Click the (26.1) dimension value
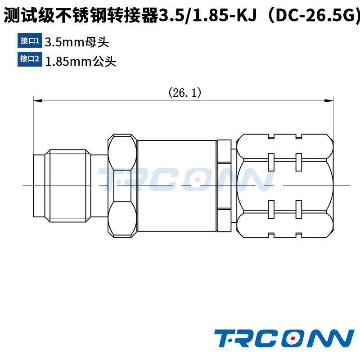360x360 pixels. (184, 93)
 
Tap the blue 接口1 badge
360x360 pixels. (30, 41)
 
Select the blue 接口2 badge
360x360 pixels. (30, 59)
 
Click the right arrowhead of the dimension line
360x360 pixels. (330, 101)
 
